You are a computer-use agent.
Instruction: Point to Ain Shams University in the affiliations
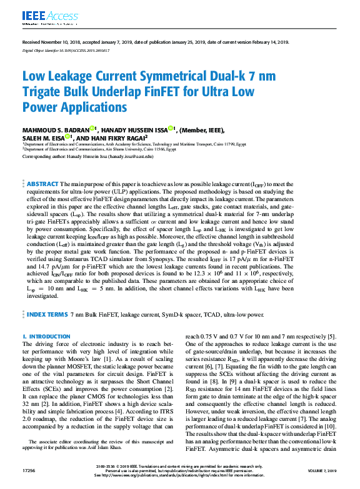click(x=121, y=149)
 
